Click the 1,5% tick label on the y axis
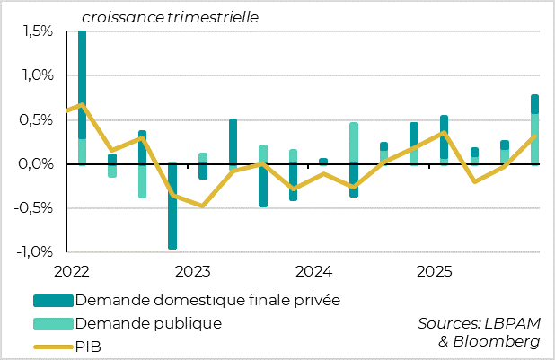[x=37, y=31]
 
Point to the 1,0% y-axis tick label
[x=37, y=75]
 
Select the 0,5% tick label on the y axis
[x=37, y=119]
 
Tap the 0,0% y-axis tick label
[x=37, y=164]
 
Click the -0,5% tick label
[x=35, y=208]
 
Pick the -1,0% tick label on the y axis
[x=35, y=252]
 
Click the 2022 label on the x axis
[x=71, y=270]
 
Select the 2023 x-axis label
[x=192, y=270]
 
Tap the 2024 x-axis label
[x=314, y=270]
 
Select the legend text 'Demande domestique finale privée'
[x=208, y=299]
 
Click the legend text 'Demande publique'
[x=148, y=322]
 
